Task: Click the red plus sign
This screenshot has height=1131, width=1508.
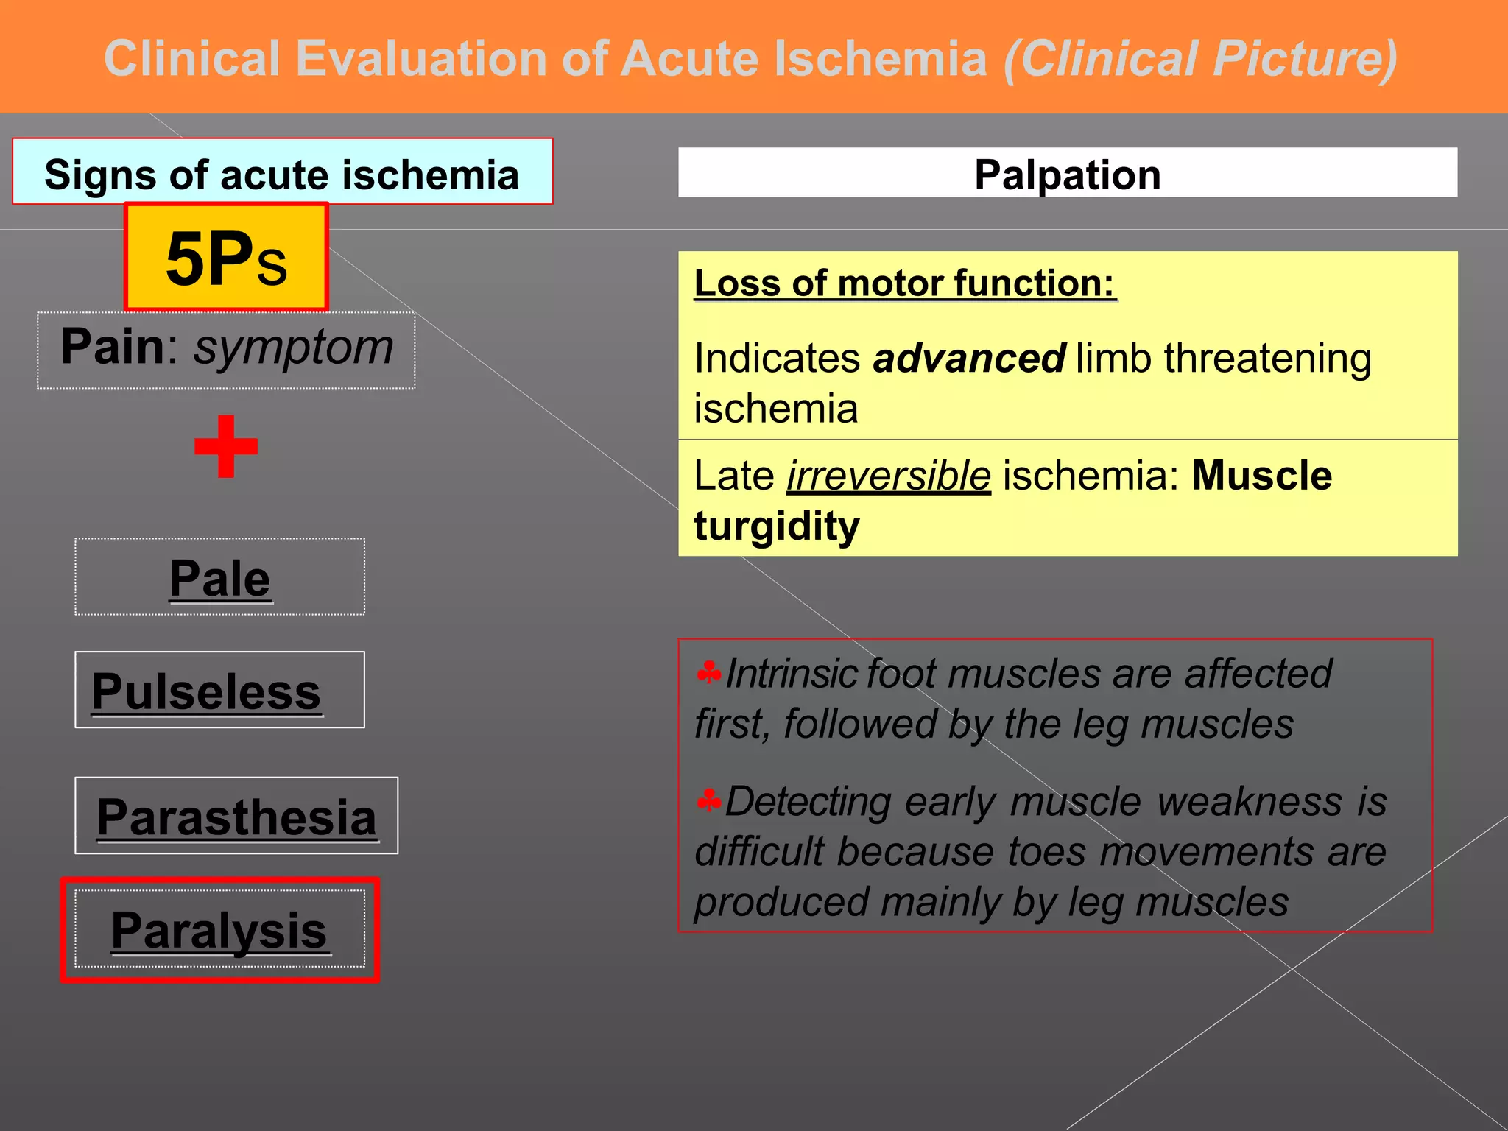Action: [226, 446]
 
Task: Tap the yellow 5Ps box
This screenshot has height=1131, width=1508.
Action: [226, 258]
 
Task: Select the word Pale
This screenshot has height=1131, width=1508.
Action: [219, 579]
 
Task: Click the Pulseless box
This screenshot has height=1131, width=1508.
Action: [219, 690]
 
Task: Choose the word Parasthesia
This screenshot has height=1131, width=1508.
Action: [236, 817]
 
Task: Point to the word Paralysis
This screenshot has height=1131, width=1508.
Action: [219, 931]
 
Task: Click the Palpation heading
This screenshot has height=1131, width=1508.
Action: [1067, 175]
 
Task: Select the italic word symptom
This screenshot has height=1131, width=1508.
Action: [293, 348]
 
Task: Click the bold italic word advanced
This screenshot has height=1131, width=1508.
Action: [968, 359]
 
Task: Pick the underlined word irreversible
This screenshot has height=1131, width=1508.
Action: [889, 476]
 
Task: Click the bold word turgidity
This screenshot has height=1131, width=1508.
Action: [777, 526]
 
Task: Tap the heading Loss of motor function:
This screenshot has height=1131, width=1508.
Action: [904, 283]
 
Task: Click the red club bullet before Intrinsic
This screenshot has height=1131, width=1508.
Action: [708, 672]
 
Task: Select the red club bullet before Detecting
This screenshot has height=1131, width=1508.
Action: [708, 800]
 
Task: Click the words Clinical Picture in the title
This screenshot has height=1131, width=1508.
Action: [1200, 59]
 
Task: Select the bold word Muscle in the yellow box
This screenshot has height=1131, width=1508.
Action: [1261, 476]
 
